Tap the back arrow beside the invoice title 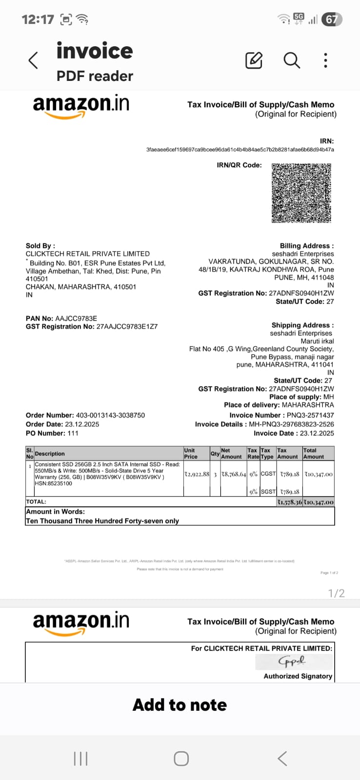[x=33, y=60]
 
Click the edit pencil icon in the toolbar [x=254, y=60]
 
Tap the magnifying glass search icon [x=292, y=60]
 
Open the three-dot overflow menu [x=325, y=60]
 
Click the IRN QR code [x=301, y=193]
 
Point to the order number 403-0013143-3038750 [x=110, y=415]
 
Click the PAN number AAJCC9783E [x=76, y=318]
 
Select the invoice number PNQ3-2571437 [x=310, y=415]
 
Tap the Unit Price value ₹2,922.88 [x=197, y=474]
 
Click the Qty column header [x=215, y=453]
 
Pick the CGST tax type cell [x=268, y=474]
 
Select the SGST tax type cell [x=268, y=491]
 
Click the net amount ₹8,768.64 [x=234, y=474]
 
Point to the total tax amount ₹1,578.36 [x=289, y=502]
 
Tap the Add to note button [x=180, y=705]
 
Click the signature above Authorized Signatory [x=293, y=661]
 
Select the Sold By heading [x=40, y=246]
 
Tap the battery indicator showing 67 [x=332, y=19]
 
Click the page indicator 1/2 [x=337, y=593]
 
